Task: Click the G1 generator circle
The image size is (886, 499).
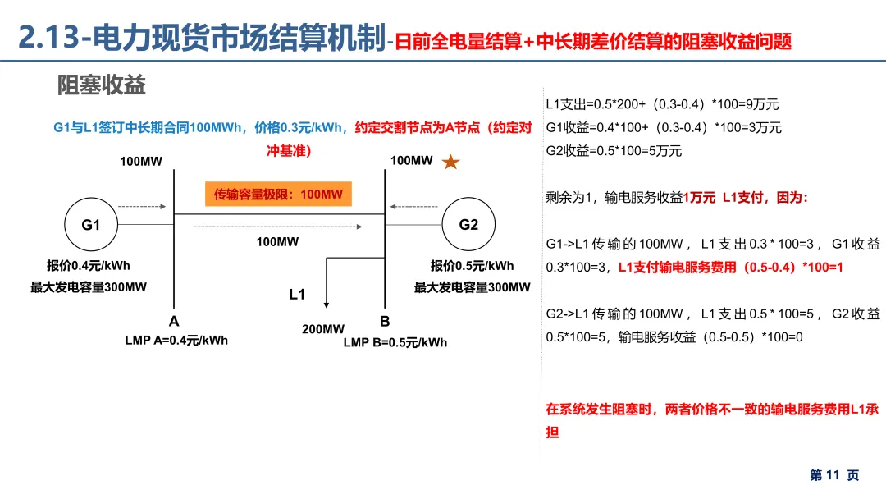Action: tap(91, 224)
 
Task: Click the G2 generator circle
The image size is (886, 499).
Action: tap(468, 224)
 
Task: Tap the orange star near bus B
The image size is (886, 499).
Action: tap(450, 162)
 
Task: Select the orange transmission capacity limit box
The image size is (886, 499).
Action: tap(278, 195)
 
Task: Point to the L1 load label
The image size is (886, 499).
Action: tap(297, 294)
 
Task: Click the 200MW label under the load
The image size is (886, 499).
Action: tap(323, 329)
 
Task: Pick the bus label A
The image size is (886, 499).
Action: tap(174, 321)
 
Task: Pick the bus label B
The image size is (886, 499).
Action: tap(385, 321)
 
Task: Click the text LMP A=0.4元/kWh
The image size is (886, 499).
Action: tap(171, 341)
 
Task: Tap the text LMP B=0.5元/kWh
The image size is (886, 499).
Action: tap(395, 342)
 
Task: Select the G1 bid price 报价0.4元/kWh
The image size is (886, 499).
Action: tap(89, 265)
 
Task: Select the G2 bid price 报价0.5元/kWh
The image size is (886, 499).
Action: tap(473, 265)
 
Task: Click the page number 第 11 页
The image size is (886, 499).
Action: tap(834, 475)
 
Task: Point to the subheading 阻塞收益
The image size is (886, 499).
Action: tap(102, 85)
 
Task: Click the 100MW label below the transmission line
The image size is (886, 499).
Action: tap(277, 241)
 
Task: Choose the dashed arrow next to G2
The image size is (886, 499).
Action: tap(417, 207)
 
